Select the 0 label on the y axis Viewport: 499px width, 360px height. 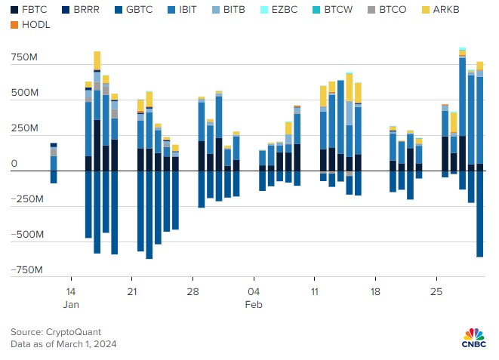(14, 163)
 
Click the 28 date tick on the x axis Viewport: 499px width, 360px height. (193, 291)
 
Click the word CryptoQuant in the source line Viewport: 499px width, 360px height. (73, 331)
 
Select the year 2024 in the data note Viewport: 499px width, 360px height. (104, 344)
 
